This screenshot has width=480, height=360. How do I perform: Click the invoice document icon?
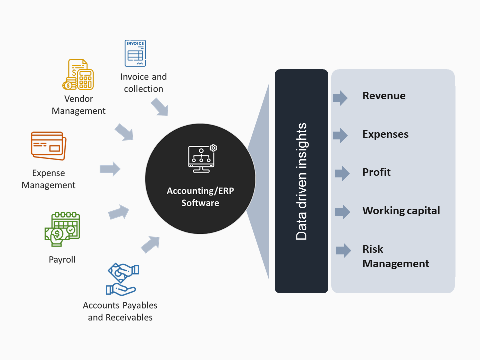pyautogui.click(x=135, y=53)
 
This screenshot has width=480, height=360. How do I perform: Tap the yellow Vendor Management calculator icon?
pyautogui.click(x=78, y=74)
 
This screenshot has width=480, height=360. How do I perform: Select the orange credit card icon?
pyautogui.click(x=47, y=146)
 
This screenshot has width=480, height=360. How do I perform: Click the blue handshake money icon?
pyautogui.click(x=122, y=279)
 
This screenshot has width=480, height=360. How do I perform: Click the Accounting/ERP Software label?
pyautogui.click(x=200, y=197)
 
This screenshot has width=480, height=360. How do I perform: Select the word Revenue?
pyautogui.click(x=384, y=96)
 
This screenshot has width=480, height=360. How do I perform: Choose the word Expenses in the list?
pyautogui.click(x=385, y=134)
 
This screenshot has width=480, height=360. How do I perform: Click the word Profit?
pyautogui.click(x=376, y=172)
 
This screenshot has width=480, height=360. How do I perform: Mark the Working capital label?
pyautogui.click(x=401, y=210)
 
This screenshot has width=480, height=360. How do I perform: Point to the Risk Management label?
pyautogui.click(x=395, y=256)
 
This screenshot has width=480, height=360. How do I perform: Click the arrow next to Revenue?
pyautogui.click(x=340, y=97)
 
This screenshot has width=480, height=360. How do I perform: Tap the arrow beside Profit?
pyautogui.click(x=342, y=173)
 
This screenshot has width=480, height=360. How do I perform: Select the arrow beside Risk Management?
pyautogui.click(x=343, y=250)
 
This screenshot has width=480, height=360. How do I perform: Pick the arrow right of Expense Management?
pyautogui.click(x=110, y=169)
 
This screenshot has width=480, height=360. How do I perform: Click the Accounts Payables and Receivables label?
pyautogui.click(x=120, y=311)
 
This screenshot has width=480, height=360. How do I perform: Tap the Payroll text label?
pyautogui.click(x=62, y=260)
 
